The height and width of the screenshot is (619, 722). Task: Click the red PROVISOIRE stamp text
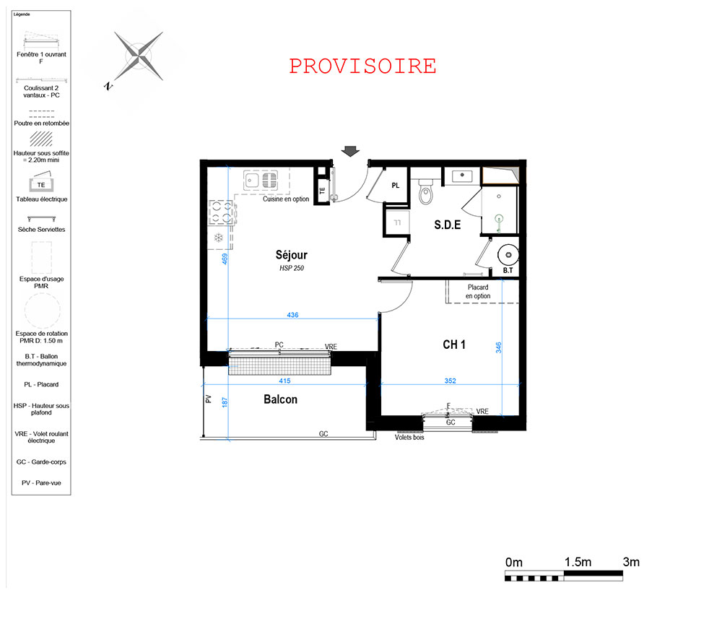(363, 66)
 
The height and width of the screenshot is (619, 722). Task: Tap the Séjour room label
(292, 255)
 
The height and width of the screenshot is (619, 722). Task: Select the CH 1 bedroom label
(454, 345)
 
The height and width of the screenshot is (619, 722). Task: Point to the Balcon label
(280, 399)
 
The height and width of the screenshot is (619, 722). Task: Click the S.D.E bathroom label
(447, 225)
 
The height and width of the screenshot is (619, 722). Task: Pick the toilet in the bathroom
(427, 191)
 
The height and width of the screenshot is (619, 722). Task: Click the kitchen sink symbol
(261, 180)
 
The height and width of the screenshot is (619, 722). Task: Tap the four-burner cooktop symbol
(221, 212)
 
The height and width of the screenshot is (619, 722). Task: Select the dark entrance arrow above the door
(350, 152)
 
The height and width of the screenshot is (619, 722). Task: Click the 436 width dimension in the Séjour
(293, 315)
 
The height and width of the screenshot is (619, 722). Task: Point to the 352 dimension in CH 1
(451, 381)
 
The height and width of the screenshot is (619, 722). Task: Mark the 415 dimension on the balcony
(284, 381)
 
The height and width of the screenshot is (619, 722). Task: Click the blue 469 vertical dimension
(225, 259)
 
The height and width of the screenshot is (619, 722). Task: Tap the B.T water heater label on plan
(508, 270)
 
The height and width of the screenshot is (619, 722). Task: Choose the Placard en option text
(478, 292)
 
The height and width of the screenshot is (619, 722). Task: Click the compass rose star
(138, 56)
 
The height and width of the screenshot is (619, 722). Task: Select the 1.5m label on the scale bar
(578, 562)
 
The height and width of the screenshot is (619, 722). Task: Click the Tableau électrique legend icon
(41, 183)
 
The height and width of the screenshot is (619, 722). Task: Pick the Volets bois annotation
(409, 437)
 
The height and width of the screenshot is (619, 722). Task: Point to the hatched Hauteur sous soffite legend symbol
(41, 139)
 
